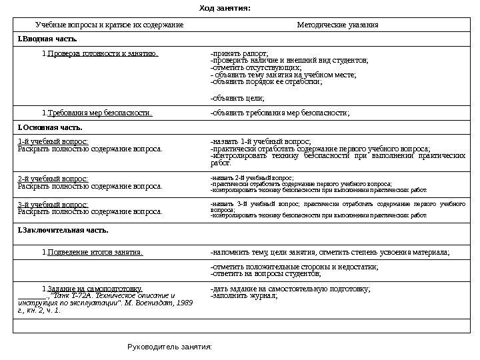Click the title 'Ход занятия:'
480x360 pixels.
225,9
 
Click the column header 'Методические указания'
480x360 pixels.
337,25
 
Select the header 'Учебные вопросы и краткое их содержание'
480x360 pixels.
109,25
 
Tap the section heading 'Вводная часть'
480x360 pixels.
53,39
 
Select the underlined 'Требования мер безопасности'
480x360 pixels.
99,113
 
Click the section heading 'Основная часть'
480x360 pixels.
51,126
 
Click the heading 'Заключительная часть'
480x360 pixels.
65,230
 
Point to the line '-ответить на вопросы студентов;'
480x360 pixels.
265,274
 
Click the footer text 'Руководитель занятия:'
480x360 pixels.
169,347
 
